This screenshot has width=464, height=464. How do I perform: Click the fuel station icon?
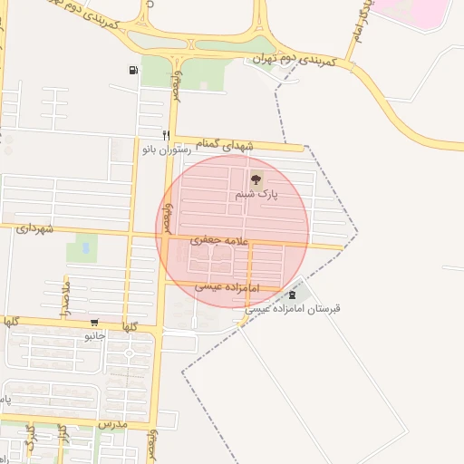pyautogui.click(x=134, y=70)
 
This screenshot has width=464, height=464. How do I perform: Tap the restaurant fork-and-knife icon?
pyautogui.click(x=166, y=135)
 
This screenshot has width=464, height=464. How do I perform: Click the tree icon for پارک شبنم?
pyautogui.click(x=256, y=179)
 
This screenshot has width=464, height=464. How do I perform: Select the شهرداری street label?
pyautogui.click(x=35, y=229)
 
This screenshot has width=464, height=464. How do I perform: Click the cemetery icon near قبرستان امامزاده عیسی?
pyautogui.click(x=291, y=295)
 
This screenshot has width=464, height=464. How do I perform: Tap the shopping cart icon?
pyautogui.click(x=94, y=323)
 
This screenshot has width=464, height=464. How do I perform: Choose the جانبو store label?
pyautogui.click(x=95, y=335)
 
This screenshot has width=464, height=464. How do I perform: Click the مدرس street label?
pyautogui.click(x=115, y=423)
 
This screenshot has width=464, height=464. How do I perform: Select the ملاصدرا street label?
pyautogui.click(x=65, y=299)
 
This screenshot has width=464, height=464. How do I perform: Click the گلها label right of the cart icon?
pyautogui.click(x=128, y=326)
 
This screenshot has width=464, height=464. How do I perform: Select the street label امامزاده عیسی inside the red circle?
pyautogui.click(x=227, y=286)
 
